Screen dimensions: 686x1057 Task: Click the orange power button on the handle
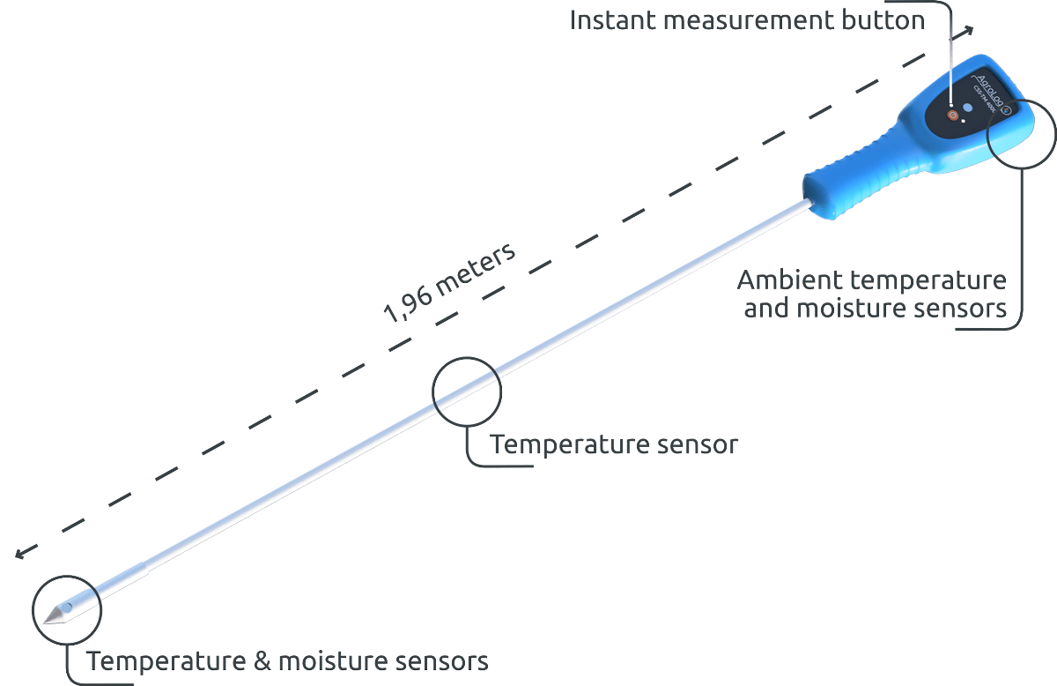(x=952, y=115)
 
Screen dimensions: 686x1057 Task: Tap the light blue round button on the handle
(x=967, y=108)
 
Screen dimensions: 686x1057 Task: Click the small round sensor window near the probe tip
(x=66, y=608)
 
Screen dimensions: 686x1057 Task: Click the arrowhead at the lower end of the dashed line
(x=20, y=556)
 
